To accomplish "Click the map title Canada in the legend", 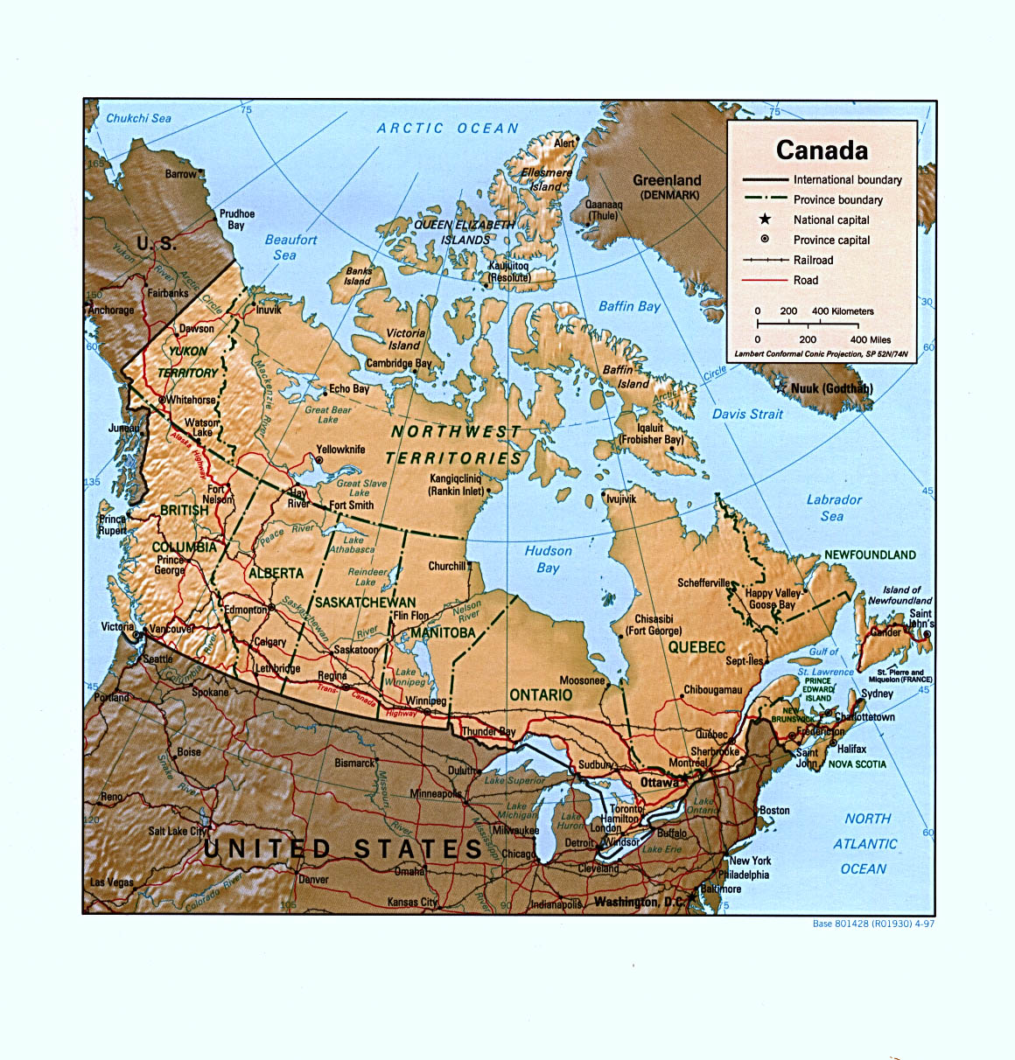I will tap(822, 150).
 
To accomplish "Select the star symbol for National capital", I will tap(765, 220).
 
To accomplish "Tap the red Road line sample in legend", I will tap(765, 280).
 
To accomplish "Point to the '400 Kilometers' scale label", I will tap(843, 311).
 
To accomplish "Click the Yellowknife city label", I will tap(340, 450).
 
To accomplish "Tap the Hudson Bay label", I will tap(549, 559).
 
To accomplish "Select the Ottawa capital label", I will tap(659, 782).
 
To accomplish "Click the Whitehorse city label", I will tap(191, 400).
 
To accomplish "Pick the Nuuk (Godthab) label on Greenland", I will tap(831, 388).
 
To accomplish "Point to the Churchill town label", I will tap(446, 566).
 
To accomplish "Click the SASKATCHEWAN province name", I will tap(365, 603).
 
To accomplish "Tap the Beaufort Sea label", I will tap(290, 247).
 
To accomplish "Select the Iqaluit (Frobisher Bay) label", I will tap(651, 434).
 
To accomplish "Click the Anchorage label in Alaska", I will tap(112, 310).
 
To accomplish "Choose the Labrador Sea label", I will tap(833, 508).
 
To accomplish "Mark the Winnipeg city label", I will tap(426, 701).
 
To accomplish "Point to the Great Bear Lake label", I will tap(328, 414).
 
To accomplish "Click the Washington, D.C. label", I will tap(639, 901).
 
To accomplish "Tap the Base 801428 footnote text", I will tap(873, 924).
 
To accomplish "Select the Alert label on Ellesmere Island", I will tap(564, 143).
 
